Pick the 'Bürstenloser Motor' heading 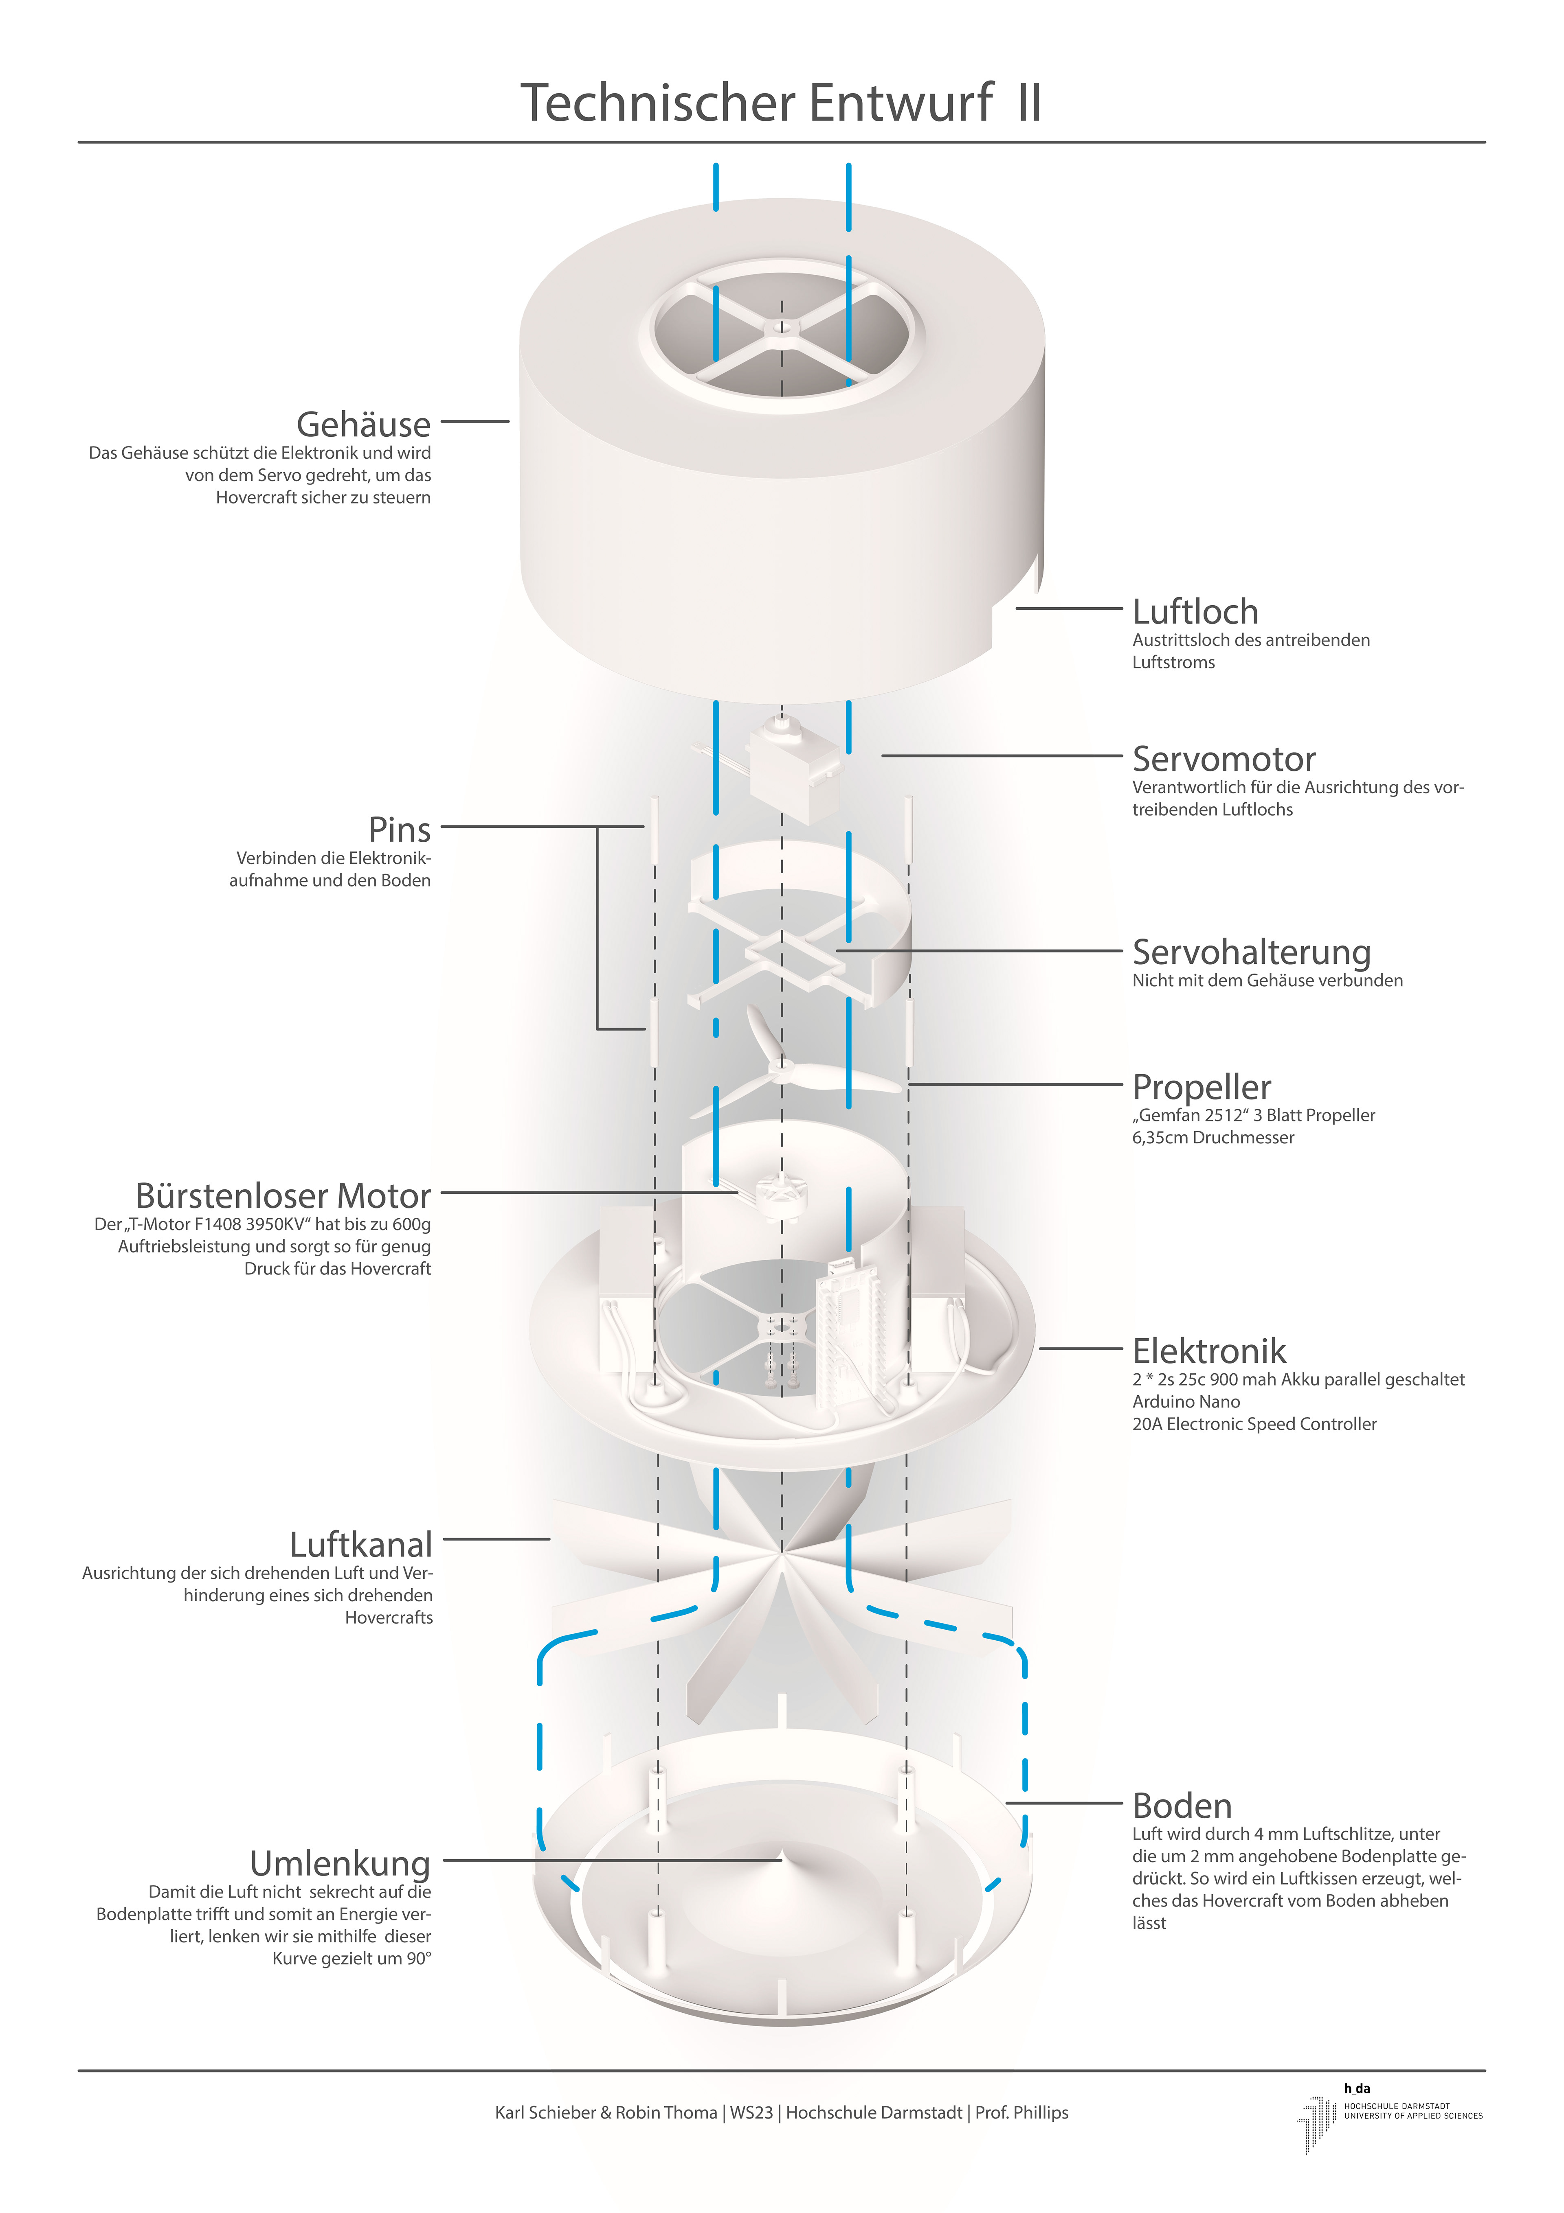coord(283,1195)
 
